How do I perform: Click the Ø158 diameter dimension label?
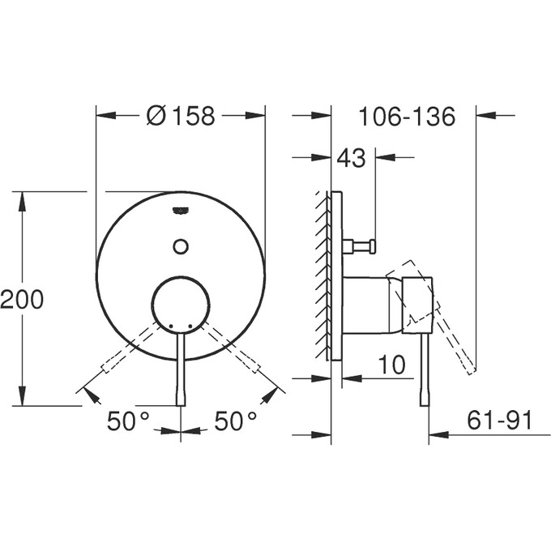coord(181,117)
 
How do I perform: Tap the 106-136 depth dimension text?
coord(407,117)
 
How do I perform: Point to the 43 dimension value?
coord(351,158)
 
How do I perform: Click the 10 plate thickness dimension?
coord(391,365)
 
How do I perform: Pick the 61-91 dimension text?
coord(499,420)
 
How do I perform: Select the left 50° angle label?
coord(129,421)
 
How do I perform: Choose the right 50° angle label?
coord(235,421)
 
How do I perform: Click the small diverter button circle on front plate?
coord(181,246)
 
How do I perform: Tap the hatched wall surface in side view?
coord(323,275)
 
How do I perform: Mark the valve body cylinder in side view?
coord(373,305)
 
